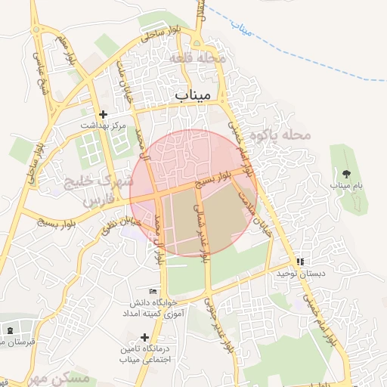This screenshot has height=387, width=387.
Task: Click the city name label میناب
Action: coord(195,96)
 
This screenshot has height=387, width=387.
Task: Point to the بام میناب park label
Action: coord(346,185)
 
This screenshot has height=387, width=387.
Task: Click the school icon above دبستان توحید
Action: coord(300,262)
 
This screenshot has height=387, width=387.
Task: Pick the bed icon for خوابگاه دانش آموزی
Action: coord(153,292)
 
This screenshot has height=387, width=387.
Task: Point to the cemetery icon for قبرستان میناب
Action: coord(9,331)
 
